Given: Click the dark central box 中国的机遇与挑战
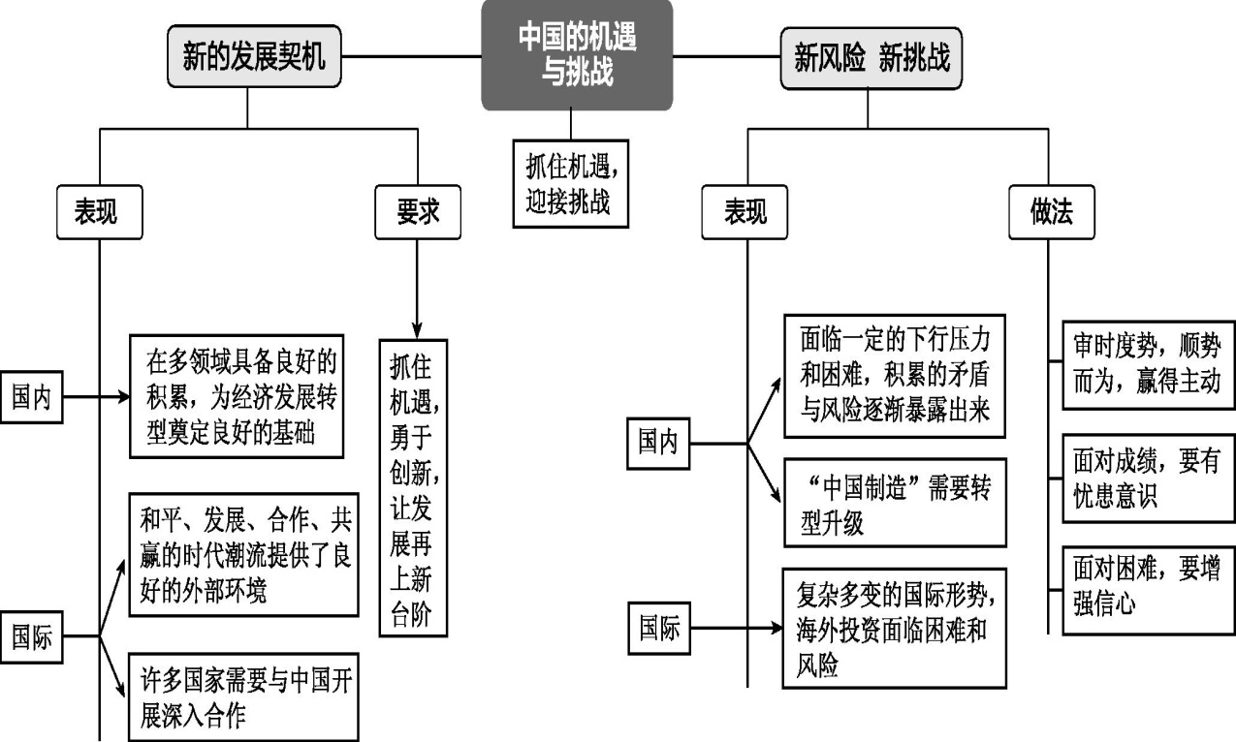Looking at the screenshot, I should click(577, 55).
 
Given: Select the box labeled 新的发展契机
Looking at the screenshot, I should click(254, 58).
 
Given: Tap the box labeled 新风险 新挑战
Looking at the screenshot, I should click(872, 58).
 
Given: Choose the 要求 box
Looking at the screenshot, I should click(417, 213).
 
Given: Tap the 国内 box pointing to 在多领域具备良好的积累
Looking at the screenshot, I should click(32, 397).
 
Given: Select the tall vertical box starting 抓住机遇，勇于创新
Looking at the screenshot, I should click(414, 487).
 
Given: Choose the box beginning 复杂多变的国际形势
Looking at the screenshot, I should click(895, 628).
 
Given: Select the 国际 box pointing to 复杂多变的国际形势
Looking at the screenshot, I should click(659, 628).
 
